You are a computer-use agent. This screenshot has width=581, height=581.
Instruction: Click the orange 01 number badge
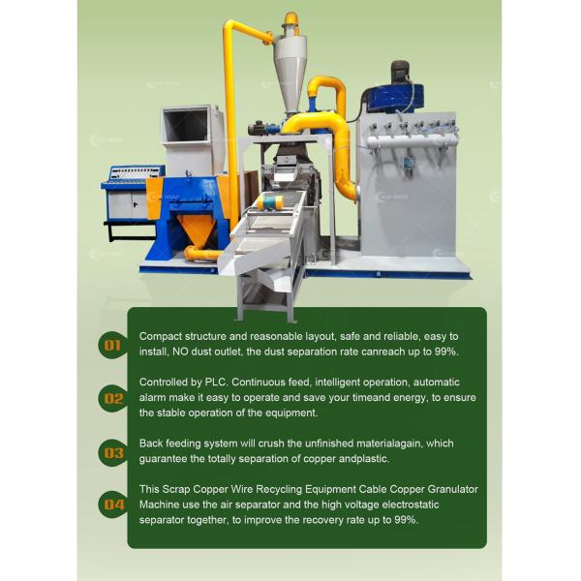pos(113,344)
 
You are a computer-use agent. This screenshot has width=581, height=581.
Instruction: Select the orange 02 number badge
pos(113,397)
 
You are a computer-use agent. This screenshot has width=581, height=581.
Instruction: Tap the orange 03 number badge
pos(113,451)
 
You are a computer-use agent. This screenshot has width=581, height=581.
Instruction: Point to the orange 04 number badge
pos(113,504)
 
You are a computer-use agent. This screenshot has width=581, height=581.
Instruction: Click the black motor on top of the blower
pos(402,71)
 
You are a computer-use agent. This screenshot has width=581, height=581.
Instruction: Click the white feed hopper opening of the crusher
pos(184,125)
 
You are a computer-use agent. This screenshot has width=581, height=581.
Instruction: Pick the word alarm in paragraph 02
pos(156,397)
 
